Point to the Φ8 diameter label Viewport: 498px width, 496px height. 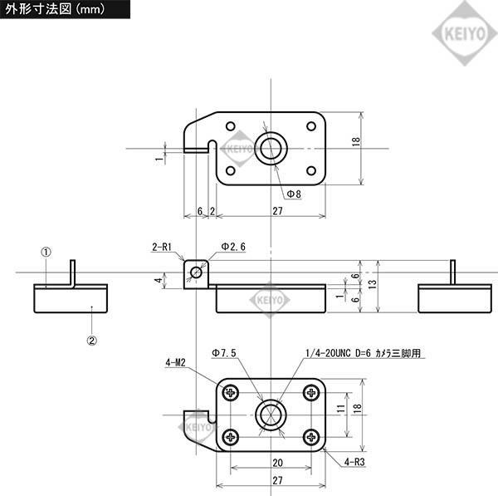click(x=294, y=194)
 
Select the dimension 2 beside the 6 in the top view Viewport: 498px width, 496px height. click(x=212, y=212)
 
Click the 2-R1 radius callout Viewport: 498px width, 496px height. click(x=161, y=247)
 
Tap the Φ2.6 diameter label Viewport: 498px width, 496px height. click(x=233, y=247)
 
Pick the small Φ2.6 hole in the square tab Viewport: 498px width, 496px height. click(x=197, y=270)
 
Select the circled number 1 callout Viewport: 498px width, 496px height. click(x=46, y=250)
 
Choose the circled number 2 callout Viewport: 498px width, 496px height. click(x=92, y=339)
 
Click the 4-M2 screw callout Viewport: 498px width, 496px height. click(x=175, y=362)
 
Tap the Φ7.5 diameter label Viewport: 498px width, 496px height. click(x=224, y=353)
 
